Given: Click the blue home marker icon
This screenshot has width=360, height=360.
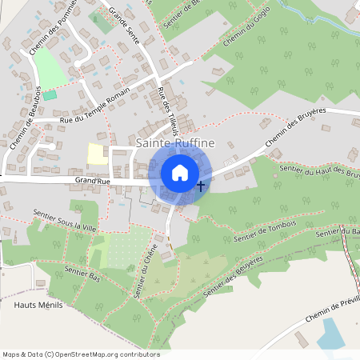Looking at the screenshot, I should (180, 173).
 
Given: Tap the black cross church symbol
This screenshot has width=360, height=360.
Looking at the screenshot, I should (200, 186).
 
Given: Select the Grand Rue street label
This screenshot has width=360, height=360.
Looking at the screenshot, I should (93, 182).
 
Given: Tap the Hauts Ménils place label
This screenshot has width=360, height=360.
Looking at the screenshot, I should (38, 306).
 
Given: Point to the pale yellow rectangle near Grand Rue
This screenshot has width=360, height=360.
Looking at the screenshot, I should (96, 154).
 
